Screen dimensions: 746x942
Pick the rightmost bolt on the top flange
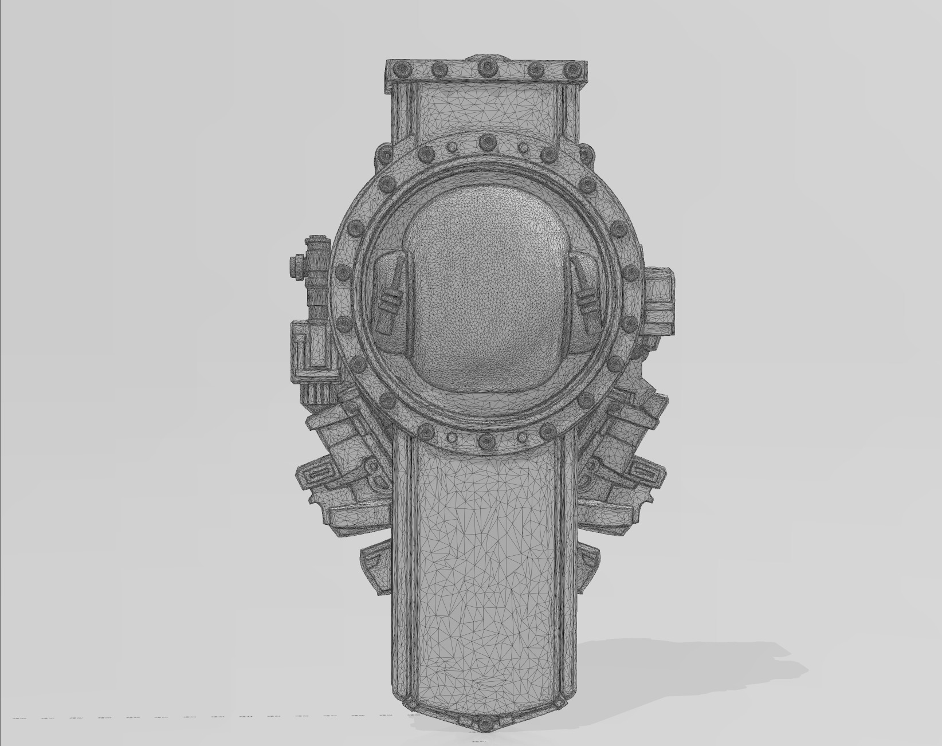coord(572,69)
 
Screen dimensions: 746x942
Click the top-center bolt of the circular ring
coord(486,141)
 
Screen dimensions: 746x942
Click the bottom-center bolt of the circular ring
coord(486,441)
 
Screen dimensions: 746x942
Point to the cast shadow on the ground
coord(688,665)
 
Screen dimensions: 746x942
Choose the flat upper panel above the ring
coord(486,109)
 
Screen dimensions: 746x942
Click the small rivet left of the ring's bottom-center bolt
coord(452,438)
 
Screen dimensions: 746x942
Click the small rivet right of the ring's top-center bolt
coord(523,147)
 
